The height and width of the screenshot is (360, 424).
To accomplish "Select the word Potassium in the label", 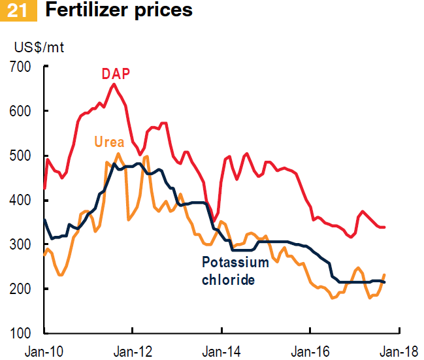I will pyautogui.click(x=235, y=263).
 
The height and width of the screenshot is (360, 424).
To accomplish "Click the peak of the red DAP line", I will pyautogui.click(x=114, y=84).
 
